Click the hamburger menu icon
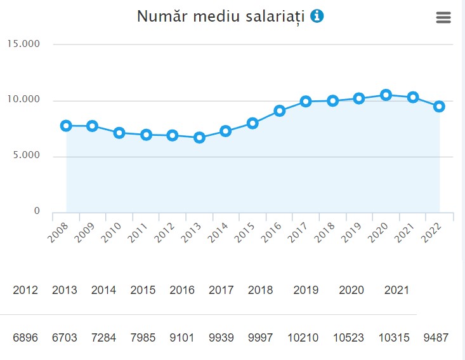443,18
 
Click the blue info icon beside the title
317,16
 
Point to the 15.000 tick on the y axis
24,44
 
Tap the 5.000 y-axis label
24,156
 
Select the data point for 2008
66,126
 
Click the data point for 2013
199,137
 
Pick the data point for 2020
386,95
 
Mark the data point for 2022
439,107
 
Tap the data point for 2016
279,110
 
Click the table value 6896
25,338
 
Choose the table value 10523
351,338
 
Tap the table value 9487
436,338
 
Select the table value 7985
143,338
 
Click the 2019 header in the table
306,290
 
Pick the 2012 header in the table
25,290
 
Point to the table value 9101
182,338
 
